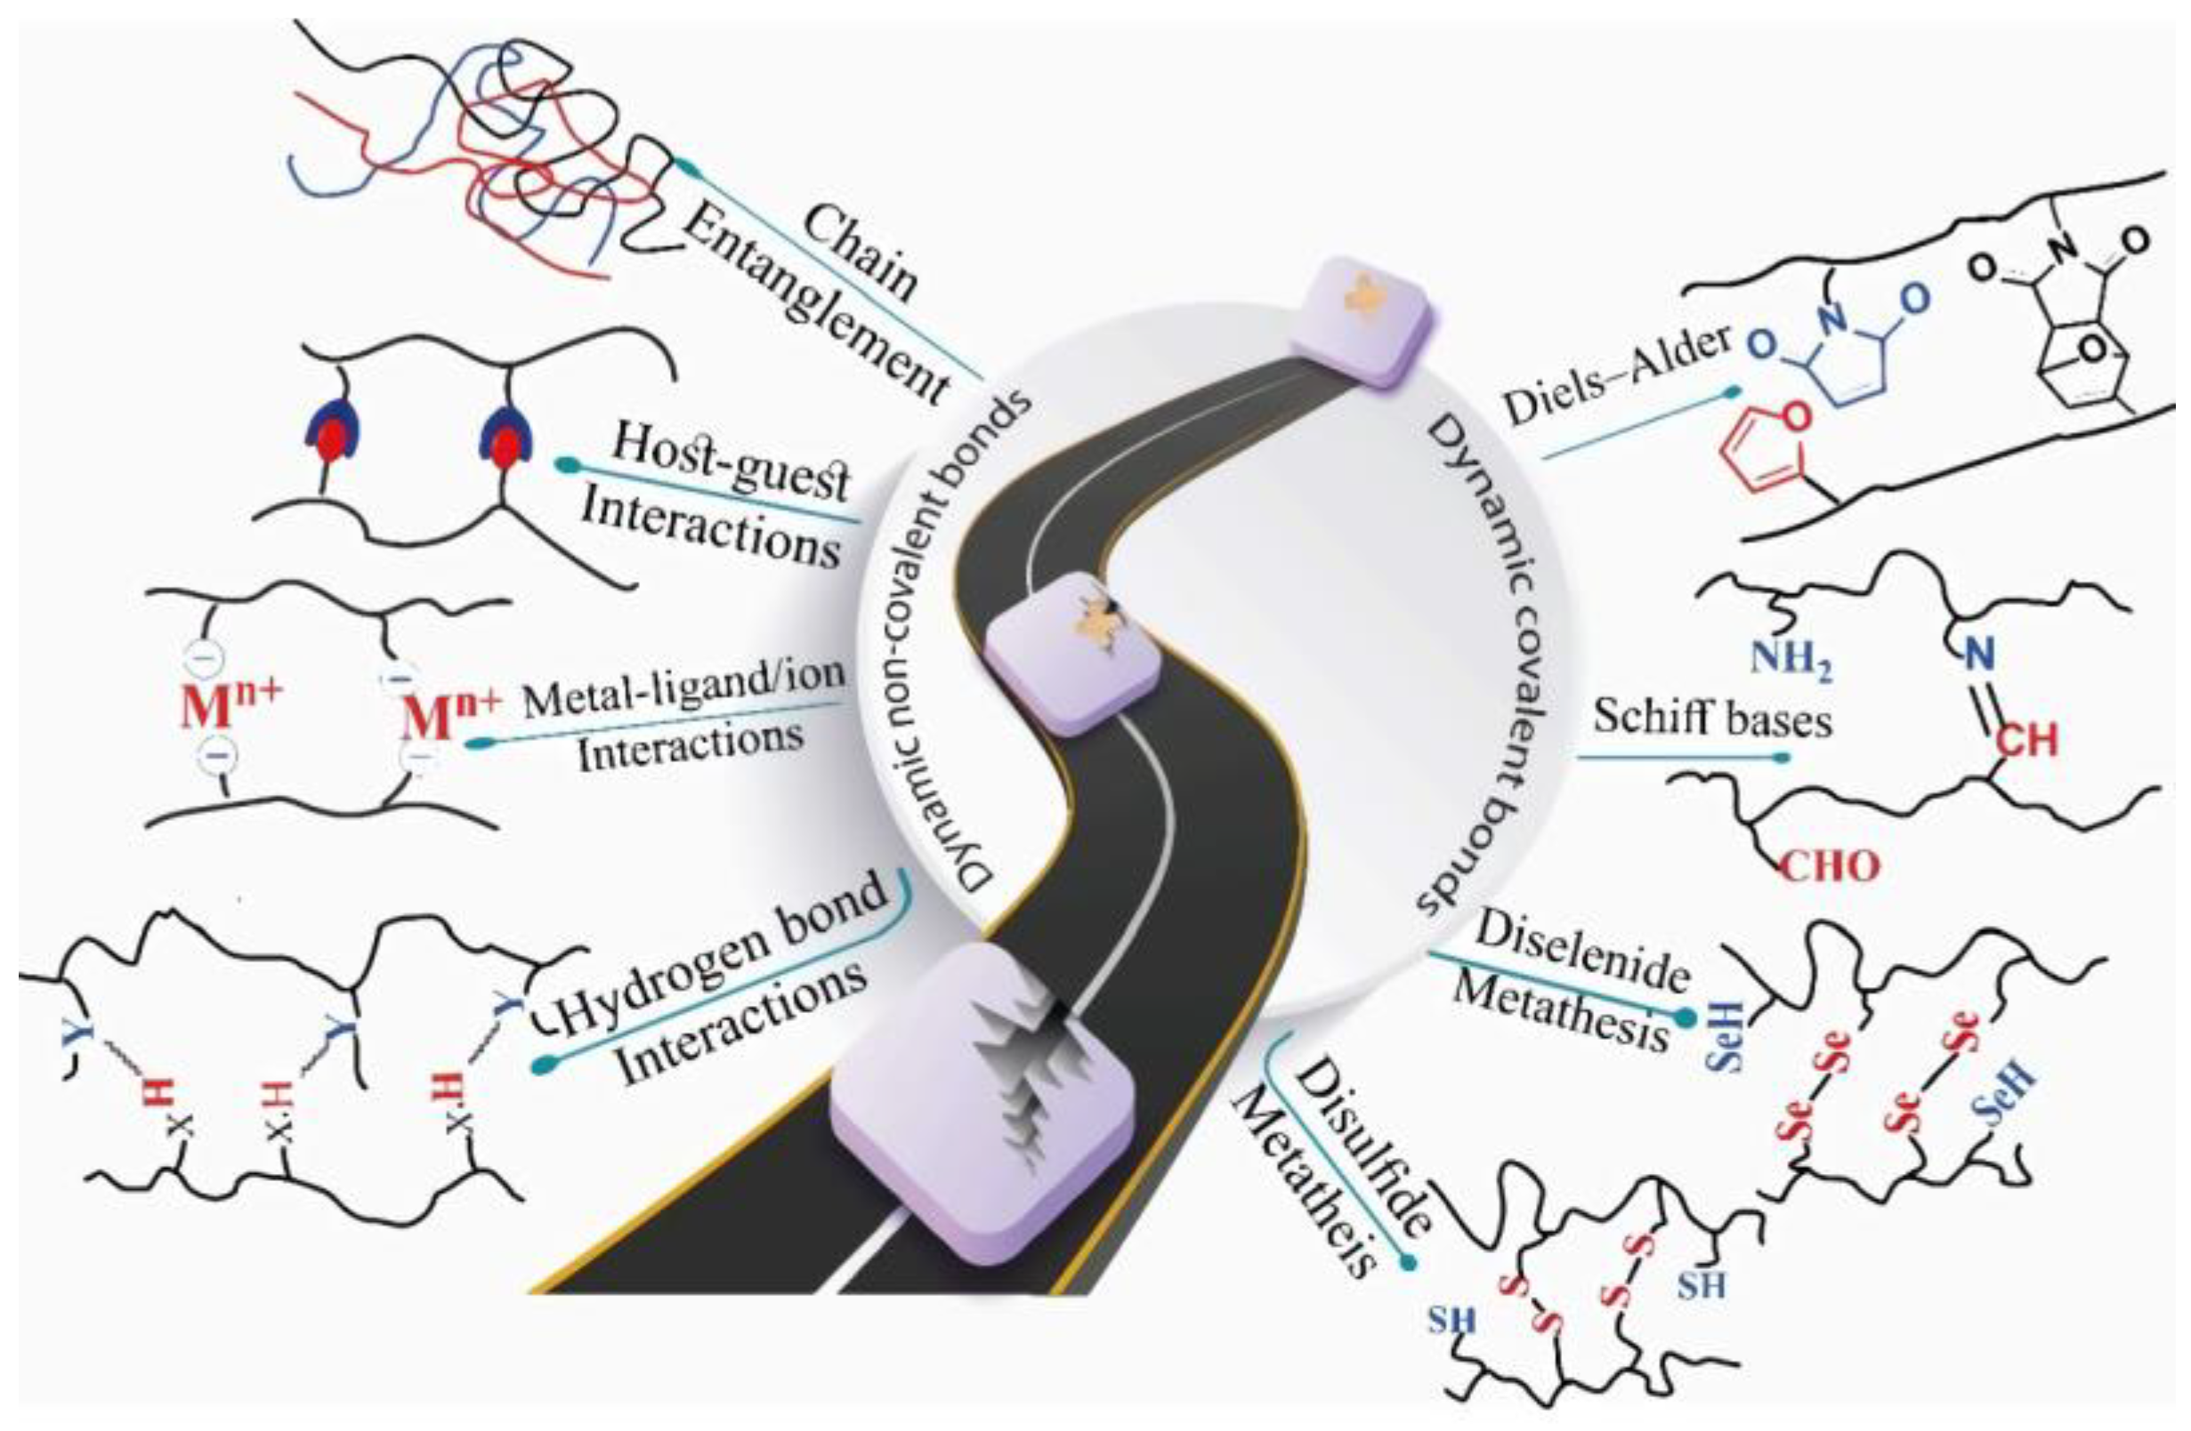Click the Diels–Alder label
[x=1615, y=377]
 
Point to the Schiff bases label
[x=1712, y=718]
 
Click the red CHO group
[x=1828, y=866]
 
